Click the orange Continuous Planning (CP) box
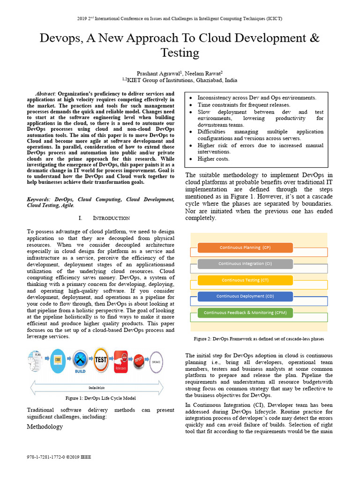[x=245, y=247]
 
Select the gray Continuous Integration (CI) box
[x=245, y=263]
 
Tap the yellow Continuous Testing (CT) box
[x=245, y=280]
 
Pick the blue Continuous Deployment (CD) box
[x=245, y=296]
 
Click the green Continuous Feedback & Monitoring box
[x=245, y=312]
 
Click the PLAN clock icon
[x=37, y=360]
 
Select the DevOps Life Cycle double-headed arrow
[x=97, y=388]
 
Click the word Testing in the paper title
[x=180, y=52]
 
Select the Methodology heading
[x=45, y=427]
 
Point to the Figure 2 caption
[x=259, y=339]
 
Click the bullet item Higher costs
[x=213, y=159]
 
